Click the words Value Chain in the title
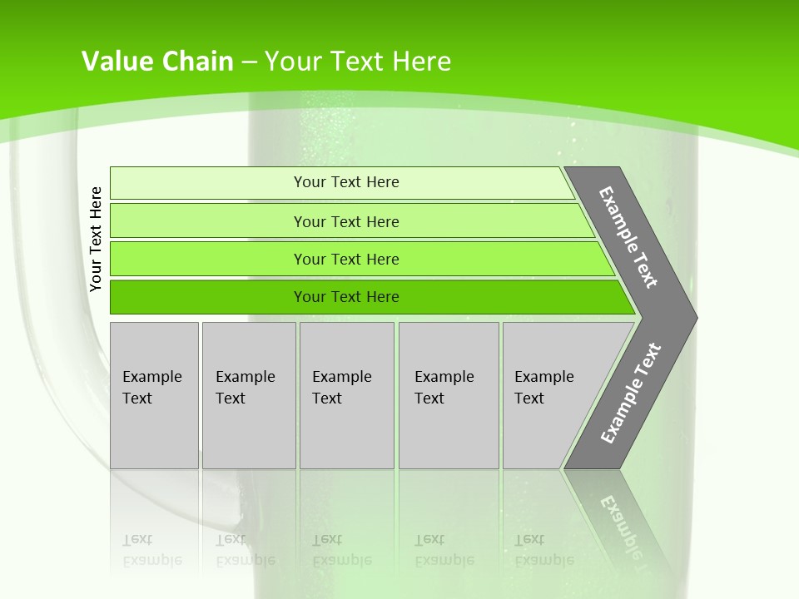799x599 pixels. [x=157, y=62]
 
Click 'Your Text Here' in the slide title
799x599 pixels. [x=358, y=62]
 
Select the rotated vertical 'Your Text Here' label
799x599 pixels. [x=96, y=240]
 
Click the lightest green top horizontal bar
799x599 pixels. [x=208, y=183]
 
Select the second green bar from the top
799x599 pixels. [x=208, y=221]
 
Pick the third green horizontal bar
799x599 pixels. [x=208, y=259]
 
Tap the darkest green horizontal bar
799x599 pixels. [x=208, y=297]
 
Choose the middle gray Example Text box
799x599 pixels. [x=346, y=395]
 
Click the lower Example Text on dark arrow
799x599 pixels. [x=630, y=393]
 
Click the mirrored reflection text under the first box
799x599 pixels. [x=151, y=550]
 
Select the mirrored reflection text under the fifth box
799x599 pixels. [x=543, y=550]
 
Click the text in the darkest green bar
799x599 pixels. [x=346, y=297]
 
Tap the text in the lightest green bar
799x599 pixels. [x=346, y=182]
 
